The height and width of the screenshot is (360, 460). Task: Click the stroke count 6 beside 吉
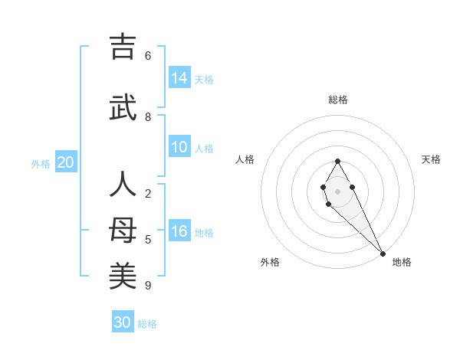pos(148,56)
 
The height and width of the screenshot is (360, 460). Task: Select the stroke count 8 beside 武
pos(148,117)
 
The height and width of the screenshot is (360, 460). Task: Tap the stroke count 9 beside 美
pos(148,286)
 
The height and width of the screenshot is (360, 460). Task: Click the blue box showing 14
pos(179,77)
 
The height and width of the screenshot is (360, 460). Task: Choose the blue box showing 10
pos(179,147)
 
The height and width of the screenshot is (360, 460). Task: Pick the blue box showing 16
pos(179,231)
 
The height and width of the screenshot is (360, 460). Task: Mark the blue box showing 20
pos(66,162)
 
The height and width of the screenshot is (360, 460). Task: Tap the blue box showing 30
pos(123,322)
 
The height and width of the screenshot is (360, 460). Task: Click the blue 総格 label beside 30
pos(147,324)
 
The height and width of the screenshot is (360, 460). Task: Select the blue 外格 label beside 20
pos(41,163)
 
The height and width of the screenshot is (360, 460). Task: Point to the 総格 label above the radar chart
pos(338,100)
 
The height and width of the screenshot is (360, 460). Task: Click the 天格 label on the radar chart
pos(431,159)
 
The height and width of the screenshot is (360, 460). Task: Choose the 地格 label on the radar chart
pos(402,262)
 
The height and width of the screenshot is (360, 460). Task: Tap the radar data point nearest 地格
pos(383,254)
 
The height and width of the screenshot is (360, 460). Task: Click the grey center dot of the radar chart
pos(337,191)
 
